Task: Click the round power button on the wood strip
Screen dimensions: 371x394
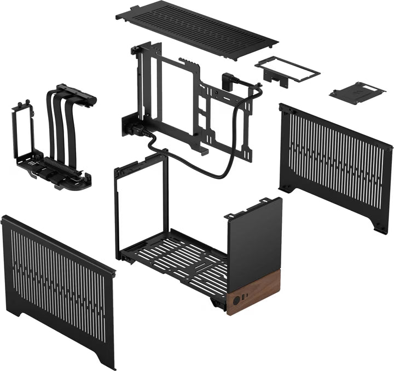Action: click(236, 300)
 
